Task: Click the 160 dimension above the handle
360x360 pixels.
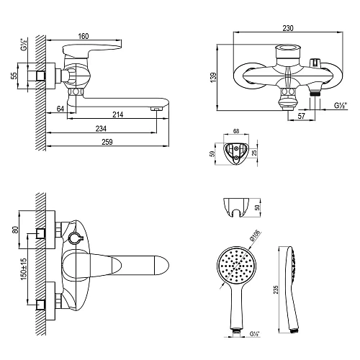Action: click(x=84, y=36)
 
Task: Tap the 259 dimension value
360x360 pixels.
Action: click(x=107, y=142)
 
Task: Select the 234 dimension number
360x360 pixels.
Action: click(x=101, y=129)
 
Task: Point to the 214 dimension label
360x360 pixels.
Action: click(x=118, y=114)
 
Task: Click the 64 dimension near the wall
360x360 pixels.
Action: click(x=60, y=109)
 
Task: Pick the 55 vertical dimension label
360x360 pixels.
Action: click(x=14, y=76)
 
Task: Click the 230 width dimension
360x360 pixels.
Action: click(x=288, y=28)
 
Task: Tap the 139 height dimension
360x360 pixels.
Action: click(x=213, y=78)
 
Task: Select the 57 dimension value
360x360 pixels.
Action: click(x=301, y=116)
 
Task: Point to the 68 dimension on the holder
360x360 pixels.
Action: click(x=236, y=131)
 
